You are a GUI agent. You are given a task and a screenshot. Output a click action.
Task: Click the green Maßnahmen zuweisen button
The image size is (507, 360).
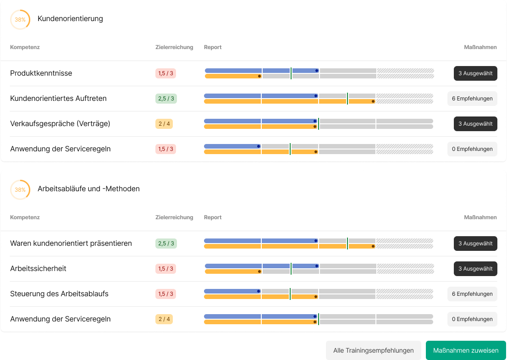[x=466, y=350]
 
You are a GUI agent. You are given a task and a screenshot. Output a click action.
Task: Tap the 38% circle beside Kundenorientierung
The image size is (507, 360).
[x=20, y=20]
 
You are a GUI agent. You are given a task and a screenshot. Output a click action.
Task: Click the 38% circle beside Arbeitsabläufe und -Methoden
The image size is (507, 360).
[x=20, y=190]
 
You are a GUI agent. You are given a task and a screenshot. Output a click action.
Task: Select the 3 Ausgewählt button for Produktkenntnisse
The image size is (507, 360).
[x=475, y=73]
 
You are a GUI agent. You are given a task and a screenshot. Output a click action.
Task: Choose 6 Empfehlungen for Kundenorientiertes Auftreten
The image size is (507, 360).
[x=472, y=99]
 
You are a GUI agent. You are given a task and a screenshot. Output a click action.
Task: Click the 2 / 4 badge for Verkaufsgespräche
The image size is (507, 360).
[x=164, y=124]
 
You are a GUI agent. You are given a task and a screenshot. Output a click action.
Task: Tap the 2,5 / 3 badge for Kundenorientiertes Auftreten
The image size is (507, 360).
[x=165, y=99]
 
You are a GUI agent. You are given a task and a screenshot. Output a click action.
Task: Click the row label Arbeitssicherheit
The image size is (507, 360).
[x=38, y=269]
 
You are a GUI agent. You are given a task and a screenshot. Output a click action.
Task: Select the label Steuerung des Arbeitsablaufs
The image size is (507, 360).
[x=59, y=294]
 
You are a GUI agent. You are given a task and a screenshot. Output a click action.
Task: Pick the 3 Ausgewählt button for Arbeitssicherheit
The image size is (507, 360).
[x=475, y=269]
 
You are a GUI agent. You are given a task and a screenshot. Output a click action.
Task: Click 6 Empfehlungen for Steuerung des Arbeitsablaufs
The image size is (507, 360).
[x=472, y=294]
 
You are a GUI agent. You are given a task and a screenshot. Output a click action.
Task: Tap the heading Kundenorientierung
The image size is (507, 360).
[x=70, y=19]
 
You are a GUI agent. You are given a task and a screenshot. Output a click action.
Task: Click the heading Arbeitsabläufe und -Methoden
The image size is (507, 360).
[x=88, y=189]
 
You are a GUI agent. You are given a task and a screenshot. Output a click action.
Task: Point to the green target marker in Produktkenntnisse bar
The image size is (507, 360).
[x=291, y=73]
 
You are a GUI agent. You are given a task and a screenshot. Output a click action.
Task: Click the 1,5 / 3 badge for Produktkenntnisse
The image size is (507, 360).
[x=165, y=73]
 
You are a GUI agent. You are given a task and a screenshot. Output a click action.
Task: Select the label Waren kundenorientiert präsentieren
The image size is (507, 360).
[x=71, y=244]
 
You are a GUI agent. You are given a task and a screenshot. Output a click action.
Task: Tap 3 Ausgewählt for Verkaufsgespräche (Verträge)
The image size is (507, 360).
[x=475, y=124]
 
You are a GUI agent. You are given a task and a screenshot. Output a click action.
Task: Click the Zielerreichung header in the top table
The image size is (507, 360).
[x=174, y=47]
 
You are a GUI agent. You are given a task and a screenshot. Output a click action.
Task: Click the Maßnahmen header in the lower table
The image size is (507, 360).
[x=480, y=217]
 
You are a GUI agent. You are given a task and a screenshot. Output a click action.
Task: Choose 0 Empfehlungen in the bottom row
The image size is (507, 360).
[x=472, y=319]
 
